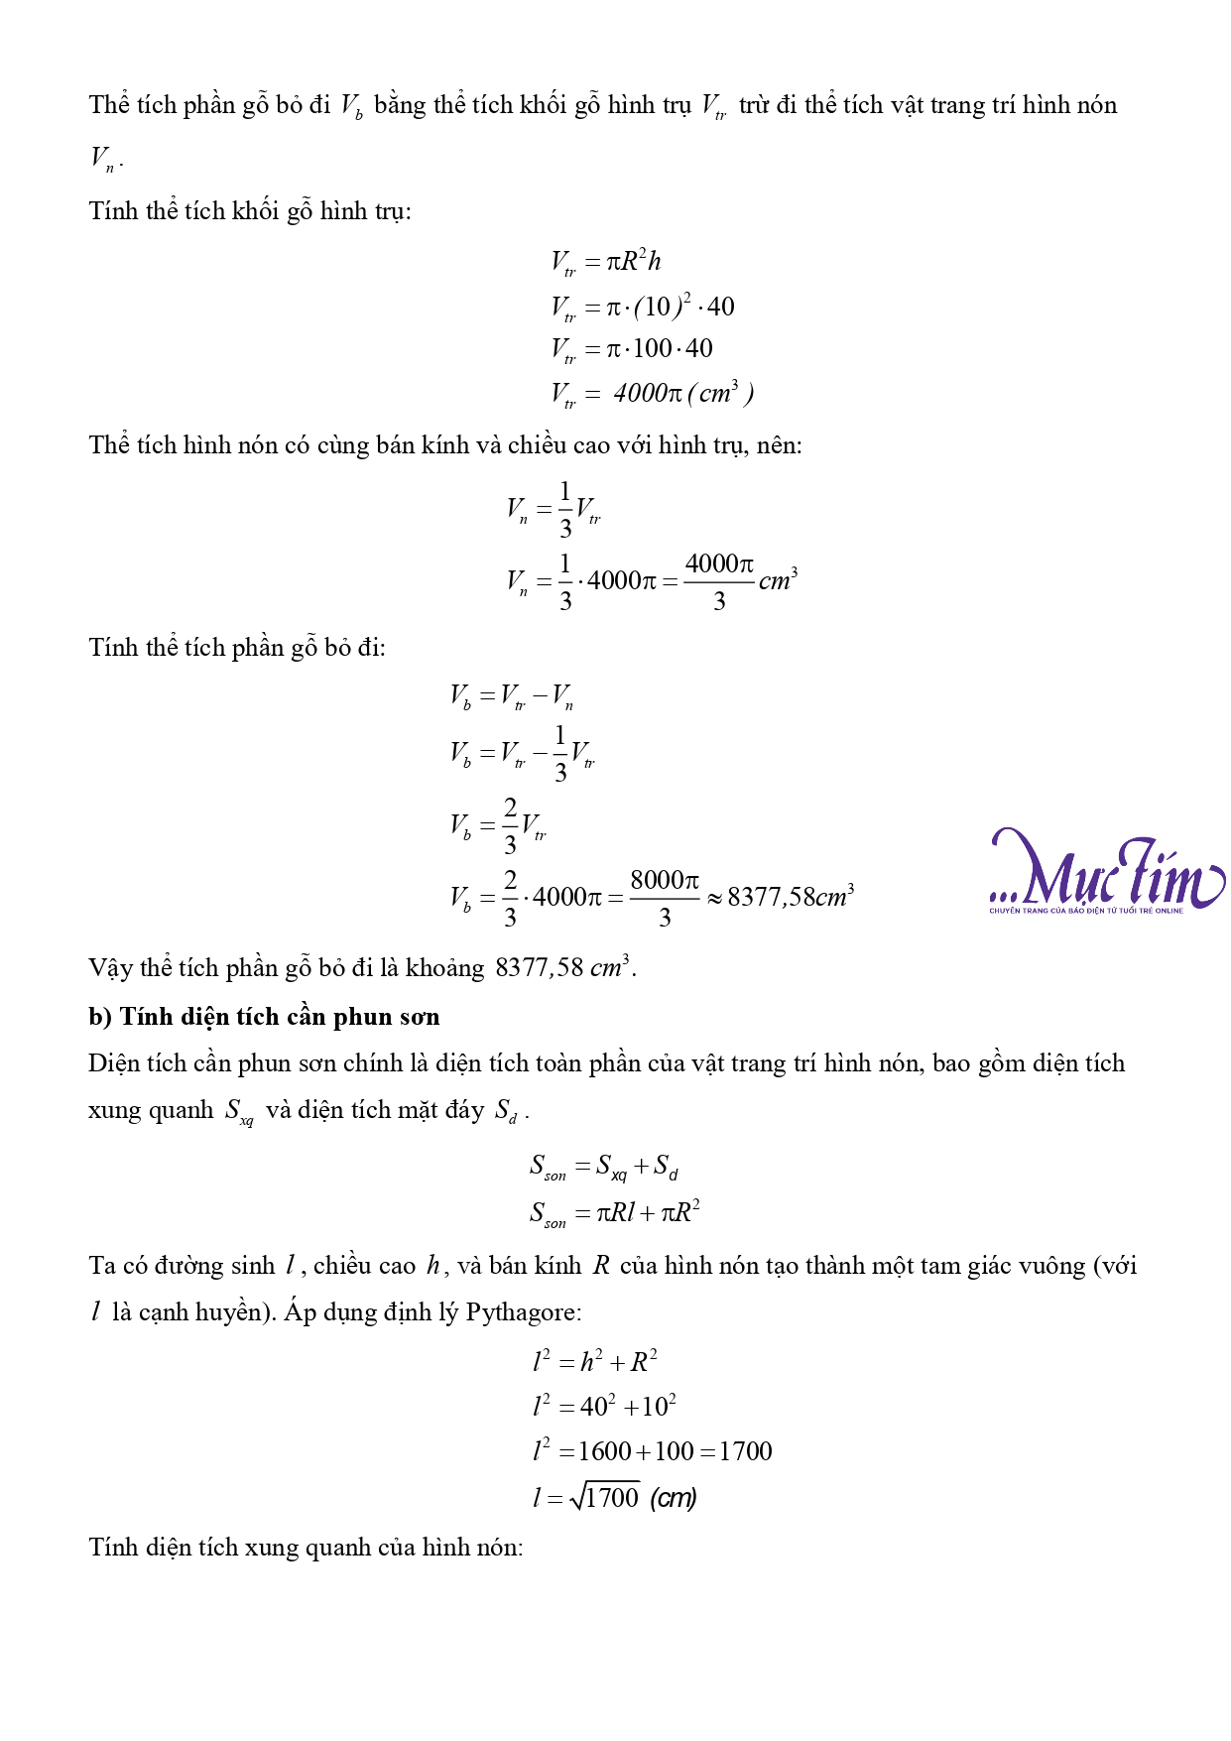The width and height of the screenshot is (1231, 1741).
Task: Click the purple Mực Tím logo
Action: (1106, 870)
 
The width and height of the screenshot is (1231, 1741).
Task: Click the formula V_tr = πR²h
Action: (605, 262)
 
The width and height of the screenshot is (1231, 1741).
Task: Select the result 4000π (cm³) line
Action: (652, 394)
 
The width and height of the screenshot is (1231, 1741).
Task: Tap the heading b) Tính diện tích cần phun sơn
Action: (264, 1017)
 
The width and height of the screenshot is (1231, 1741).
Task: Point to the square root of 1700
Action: (605, 1497)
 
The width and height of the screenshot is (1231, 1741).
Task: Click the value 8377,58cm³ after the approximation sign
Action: (791, 897)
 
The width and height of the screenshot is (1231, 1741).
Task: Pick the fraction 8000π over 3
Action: (665, 897)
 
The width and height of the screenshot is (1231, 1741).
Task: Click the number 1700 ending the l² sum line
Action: (745, 1451)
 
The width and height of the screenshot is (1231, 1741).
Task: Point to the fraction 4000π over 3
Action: (719, 580)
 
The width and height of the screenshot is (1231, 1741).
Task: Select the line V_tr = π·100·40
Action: (631, 349)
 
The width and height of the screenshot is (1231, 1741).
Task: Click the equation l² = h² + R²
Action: (595, 1361)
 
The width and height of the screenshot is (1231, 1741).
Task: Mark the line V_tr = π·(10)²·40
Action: (642, 307)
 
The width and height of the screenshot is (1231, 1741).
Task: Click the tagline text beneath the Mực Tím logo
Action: (1085, 911)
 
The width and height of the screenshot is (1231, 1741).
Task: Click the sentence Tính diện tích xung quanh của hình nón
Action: (306, 1547)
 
